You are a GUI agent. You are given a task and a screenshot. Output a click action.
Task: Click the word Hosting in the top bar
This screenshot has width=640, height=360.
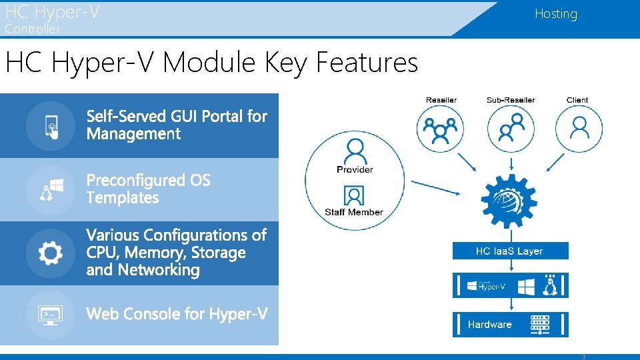click(x=555, y=14)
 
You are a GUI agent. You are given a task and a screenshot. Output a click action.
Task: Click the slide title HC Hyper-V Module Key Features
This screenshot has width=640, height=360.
click(x=211, y=63)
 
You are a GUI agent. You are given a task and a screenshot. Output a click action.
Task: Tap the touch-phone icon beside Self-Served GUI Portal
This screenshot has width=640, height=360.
click(x=51, y=125)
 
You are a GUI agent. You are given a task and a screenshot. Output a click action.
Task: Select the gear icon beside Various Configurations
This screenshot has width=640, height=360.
click(x=51, y=253)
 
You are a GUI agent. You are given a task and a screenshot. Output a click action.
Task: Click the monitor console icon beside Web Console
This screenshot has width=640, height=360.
click(x=51, y=315)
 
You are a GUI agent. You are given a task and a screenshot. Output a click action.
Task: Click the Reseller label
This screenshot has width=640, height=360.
click(x=441, y=100)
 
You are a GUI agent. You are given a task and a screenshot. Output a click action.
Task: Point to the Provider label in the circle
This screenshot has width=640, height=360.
click(x=355, y=169)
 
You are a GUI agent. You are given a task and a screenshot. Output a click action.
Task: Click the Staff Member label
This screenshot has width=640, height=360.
click(x=354, y=212)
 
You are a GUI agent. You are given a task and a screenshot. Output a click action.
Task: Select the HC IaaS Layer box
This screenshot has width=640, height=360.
click(x=510, y=251)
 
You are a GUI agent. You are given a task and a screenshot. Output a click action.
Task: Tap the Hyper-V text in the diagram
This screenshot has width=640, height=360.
click(x=494, y=287)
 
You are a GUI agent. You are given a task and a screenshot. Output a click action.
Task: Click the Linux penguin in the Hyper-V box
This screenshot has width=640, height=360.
click(x=550, y=286)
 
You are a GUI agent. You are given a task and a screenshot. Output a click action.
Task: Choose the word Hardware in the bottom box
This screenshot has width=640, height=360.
click(x=489, y=325)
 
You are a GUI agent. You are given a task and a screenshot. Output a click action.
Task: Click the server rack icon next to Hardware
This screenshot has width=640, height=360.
click(x=541, y=325)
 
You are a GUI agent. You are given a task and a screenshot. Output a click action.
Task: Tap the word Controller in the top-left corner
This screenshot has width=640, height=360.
click(x=32, y=29)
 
